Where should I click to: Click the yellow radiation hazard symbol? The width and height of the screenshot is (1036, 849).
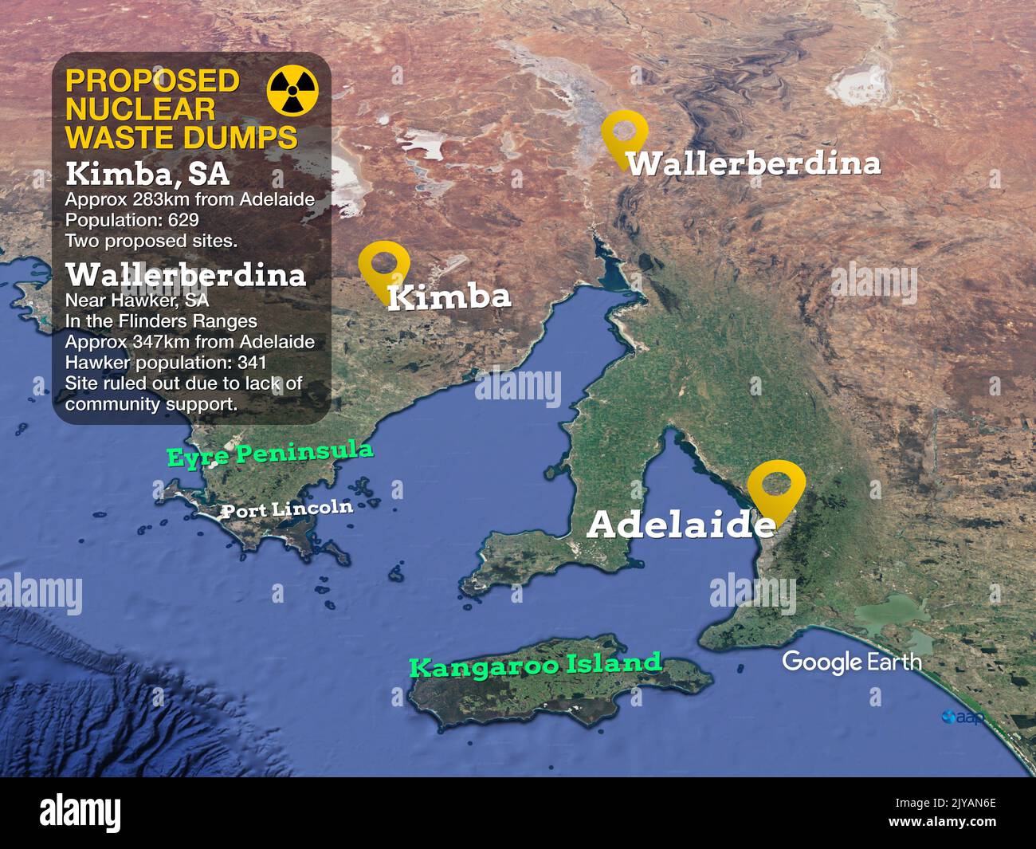point(292,90)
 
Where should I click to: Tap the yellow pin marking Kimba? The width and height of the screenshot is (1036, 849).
point(383,266)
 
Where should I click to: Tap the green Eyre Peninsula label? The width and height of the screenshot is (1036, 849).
point(269,454)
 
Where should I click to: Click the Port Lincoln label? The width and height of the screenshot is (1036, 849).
point(286,509)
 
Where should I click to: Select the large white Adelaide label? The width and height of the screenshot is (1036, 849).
point(680,525)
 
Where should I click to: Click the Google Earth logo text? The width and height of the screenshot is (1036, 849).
point(851,662)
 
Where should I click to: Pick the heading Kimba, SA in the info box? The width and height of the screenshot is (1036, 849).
point(147,174)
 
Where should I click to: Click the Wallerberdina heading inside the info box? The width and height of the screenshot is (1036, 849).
point(186,275)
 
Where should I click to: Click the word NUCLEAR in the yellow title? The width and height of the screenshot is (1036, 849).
point(140,109)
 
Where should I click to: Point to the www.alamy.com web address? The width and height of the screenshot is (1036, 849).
point(943,822)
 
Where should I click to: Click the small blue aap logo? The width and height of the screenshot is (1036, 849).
point(961,717)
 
